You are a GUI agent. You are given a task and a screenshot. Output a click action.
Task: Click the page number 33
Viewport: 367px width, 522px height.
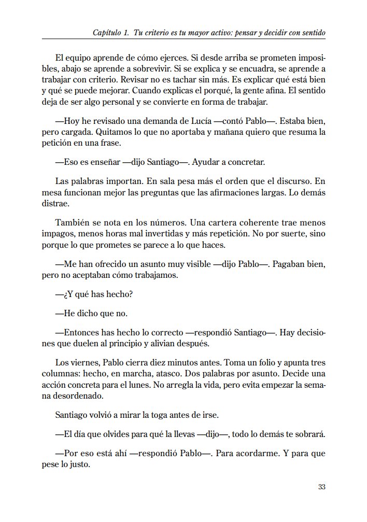[x=321, y=487]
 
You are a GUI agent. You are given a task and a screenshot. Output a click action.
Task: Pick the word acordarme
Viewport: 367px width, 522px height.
[x=253, y=453]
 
